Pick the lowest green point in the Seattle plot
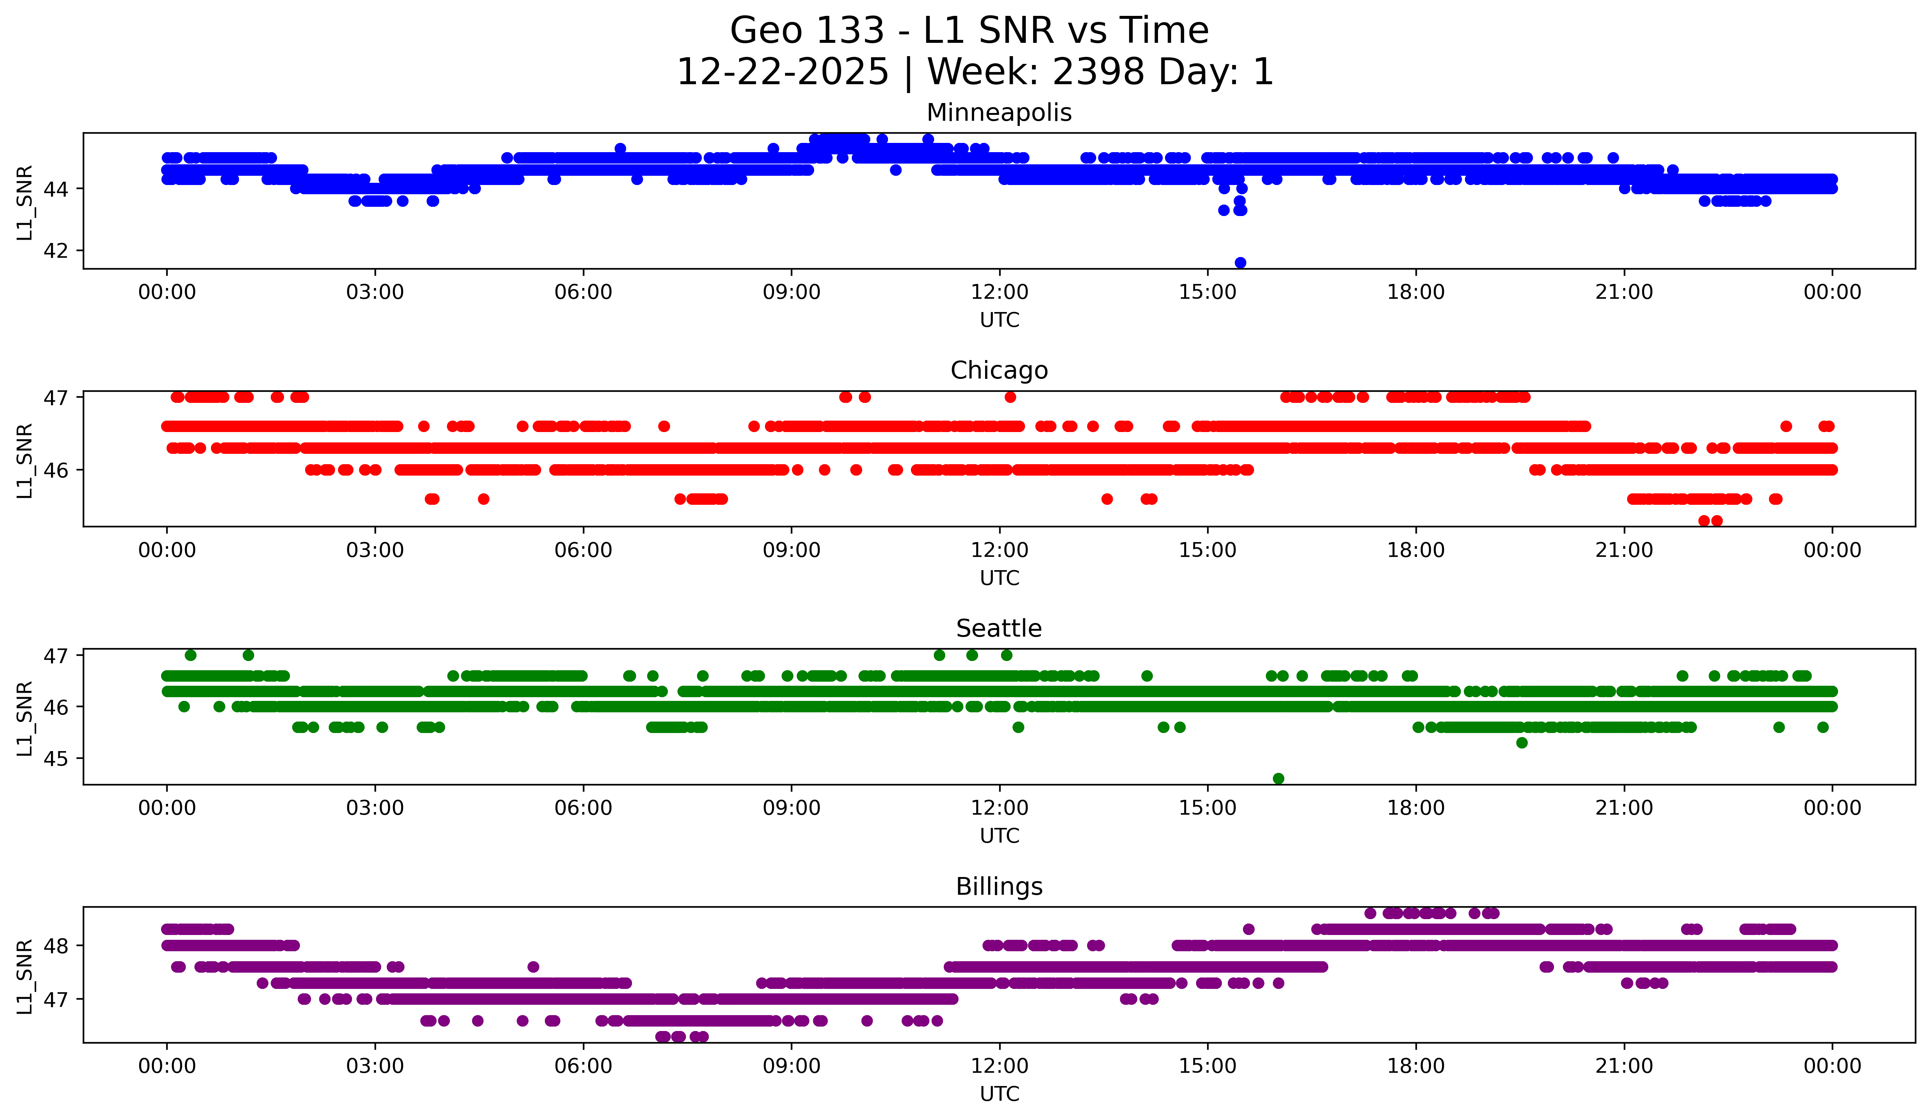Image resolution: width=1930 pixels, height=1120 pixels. (1278, 778)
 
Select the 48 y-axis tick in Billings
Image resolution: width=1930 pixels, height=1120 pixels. (55, 945)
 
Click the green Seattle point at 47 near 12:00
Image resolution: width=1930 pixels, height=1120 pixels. (1006, 655)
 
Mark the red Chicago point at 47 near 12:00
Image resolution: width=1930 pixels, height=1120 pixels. (1010, 397)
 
